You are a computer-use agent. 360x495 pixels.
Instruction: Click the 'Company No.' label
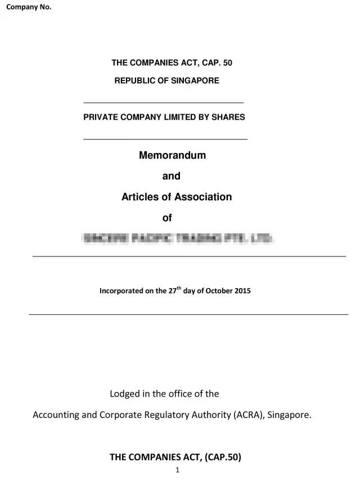click(29, 7)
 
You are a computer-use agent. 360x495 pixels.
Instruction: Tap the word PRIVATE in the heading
click(99, 117)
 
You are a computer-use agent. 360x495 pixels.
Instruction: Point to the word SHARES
click(230, 117)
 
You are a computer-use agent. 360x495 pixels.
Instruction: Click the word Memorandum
click(172, 155)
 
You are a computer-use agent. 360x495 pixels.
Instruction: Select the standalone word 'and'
click(171, 176)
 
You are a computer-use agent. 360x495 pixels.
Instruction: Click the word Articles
click(140, 197)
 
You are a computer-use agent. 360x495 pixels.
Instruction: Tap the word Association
click(202, 197)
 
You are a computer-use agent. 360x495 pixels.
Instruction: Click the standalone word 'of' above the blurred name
click(167, 218)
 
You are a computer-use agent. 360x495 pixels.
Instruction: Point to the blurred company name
click(178, 238)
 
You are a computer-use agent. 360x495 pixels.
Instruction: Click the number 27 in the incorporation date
click(173, 291)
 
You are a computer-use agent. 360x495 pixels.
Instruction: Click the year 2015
click(242, 291)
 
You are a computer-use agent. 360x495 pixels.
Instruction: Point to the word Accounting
click(56, 415)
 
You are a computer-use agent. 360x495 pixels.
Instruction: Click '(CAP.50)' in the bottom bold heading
click(215, 457)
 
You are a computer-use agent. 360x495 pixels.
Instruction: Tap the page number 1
click(177, 470)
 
